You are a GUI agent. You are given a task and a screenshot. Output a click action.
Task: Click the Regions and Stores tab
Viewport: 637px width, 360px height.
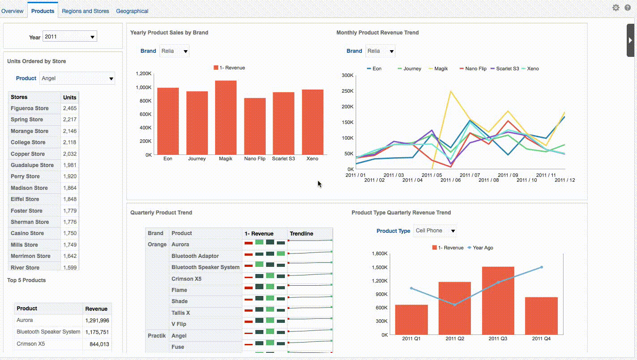(85, 11)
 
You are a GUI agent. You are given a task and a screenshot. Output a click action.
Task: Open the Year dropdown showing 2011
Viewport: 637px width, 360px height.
(70, 37)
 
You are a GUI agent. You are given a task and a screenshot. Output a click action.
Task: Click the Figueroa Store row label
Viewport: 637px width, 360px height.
(30, 108)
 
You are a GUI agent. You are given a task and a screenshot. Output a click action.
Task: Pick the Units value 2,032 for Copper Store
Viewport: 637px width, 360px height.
(69, 154)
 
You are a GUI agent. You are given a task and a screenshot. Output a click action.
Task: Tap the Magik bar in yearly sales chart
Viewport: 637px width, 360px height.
(226, 118)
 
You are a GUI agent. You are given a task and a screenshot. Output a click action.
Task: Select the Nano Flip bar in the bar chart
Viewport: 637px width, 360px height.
(255, 126)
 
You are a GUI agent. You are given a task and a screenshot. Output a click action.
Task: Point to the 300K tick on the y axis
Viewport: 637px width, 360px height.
(347, 75)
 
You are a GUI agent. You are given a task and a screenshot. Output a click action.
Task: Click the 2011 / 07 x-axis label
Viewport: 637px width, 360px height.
(469, 175)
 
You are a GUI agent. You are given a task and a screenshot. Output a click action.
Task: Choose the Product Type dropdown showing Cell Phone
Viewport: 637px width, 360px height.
(435, 231)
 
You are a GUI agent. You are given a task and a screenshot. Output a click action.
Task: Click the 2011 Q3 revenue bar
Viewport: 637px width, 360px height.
(498, 300)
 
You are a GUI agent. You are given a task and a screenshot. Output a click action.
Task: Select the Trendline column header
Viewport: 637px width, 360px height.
(301, 234)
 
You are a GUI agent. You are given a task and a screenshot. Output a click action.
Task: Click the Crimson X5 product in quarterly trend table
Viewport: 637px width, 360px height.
(186, 279)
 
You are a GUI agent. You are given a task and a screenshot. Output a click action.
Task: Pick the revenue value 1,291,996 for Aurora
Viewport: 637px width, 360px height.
(97, 321)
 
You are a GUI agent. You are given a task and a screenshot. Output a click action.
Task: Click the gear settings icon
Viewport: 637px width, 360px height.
(615, 8)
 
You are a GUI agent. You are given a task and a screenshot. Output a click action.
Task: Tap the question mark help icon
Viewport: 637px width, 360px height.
(628, 8)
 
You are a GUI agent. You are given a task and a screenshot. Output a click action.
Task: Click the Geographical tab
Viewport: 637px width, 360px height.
(132, 11)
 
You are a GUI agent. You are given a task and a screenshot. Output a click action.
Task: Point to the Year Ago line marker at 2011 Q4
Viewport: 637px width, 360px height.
(542, 267)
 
